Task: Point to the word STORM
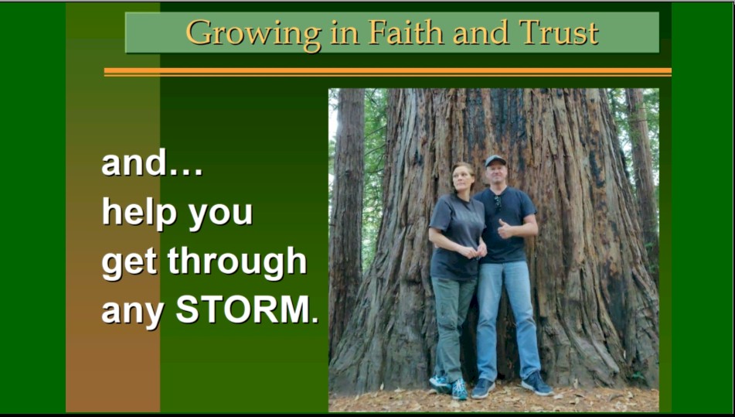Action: click(247, 310)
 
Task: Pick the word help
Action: click(140, 212)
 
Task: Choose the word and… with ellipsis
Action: click(152, 162)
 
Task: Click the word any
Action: click(133, 313)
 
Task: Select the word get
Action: click(129, 263)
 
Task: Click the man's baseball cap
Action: click(495, 160)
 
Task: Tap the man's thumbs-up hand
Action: click(505, 229)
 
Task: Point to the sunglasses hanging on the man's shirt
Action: click(498, 202)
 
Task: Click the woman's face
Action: click(462, 178)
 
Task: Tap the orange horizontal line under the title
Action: click(388, 72)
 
